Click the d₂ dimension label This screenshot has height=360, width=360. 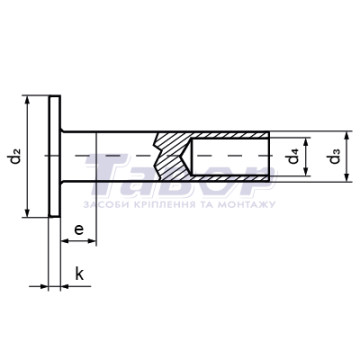pos(15,156)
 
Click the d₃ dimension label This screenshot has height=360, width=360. pos(334,156)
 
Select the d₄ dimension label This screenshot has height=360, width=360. pos(293,156)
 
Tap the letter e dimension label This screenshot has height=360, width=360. pos(79,229)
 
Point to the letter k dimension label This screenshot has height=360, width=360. pos(79,274)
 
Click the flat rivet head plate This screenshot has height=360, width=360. pos(55,156)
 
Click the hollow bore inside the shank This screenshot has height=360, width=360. pos(230,156)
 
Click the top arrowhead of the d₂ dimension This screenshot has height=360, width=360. pos(28,100)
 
